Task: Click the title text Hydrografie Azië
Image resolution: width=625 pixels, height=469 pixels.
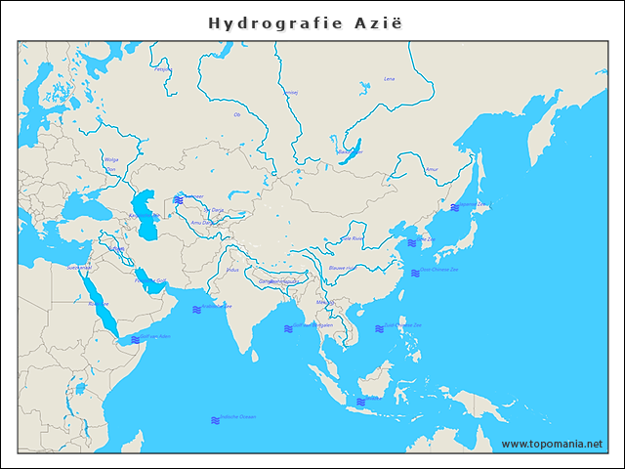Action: [x=305, y=22]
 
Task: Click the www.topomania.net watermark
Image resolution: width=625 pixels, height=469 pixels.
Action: [x=552, y=444]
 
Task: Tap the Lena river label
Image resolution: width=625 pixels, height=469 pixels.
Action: [x=390, y=78]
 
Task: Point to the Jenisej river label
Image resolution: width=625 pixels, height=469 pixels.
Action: [x=290, y=93]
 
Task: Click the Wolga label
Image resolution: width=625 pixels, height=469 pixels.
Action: [x=110, y=159]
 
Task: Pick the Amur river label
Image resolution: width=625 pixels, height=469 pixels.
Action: [x=432, y=169]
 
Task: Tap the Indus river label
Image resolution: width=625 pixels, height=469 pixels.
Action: [x=231, y=269]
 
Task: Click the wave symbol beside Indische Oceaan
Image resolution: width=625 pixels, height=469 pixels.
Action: [x=215, y=420]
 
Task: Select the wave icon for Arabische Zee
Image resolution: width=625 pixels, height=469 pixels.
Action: [x=196, y=309]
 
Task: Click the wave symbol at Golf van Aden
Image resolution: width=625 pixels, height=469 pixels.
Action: [x=134, y=339]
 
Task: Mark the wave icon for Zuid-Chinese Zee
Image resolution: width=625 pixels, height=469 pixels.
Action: [x=379, y=328]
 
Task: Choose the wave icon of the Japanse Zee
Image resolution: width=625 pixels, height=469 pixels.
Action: [x=455, y=207]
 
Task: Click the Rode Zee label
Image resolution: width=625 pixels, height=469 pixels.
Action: [x=98, y=304]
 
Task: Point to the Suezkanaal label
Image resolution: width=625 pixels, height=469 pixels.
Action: [x=78, y=267]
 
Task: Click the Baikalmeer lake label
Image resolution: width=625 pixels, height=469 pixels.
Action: [x=349, y=151]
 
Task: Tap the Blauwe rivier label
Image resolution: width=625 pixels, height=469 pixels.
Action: [x=342, y=267]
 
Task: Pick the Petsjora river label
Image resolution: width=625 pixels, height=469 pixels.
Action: [x=162, y=69]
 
